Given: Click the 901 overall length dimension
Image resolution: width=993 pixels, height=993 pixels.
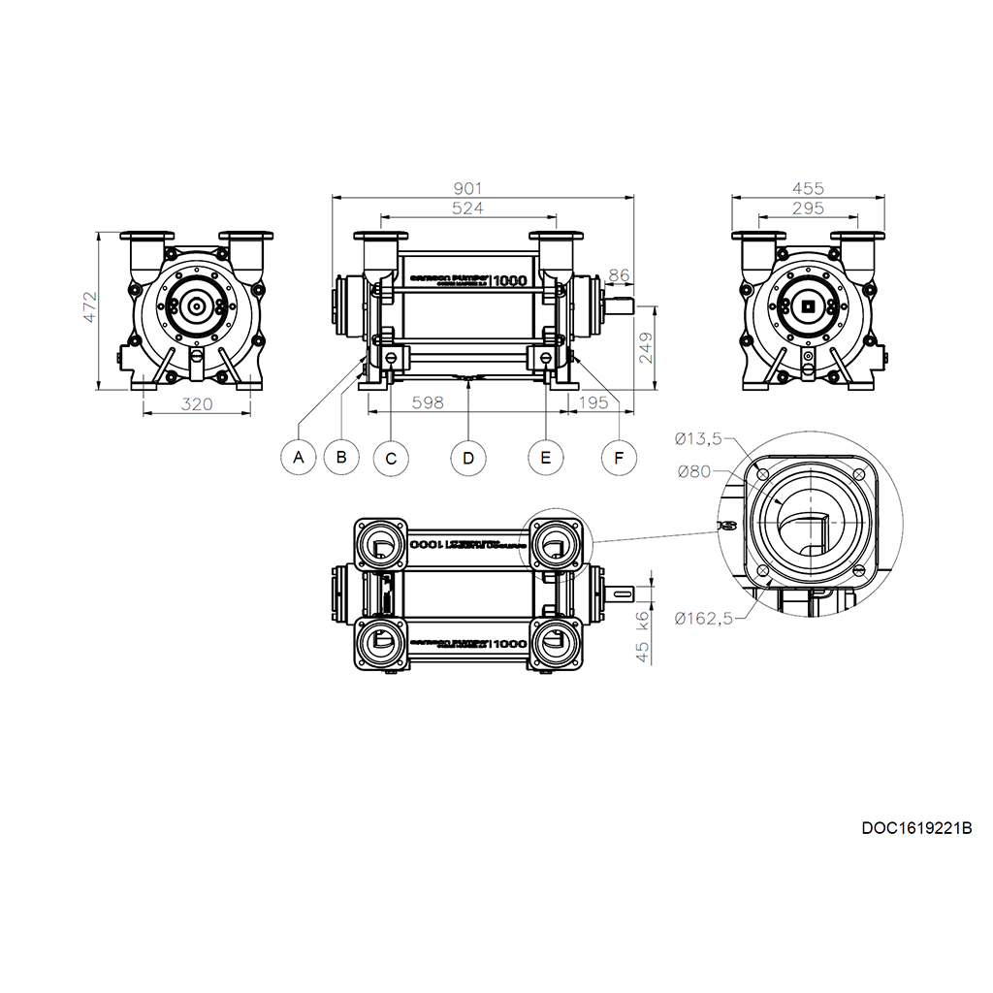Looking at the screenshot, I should click(x=467, y=188).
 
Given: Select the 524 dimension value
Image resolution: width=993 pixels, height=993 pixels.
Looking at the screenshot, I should click(x=467, y=208).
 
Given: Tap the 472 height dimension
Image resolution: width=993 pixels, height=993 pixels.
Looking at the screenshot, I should click(x=88, y=307).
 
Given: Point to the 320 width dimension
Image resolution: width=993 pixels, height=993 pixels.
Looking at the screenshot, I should click(x=197, y=403).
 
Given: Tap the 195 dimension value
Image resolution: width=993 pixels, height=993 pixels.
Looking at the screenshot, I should click(x=593, y=402).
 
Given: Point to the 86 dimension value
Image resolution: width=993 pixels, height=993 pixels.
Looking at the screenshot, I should click(x=619, y=274).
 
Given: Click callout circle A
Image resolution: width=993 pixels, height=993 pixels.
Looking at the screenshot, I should click(x=299, y=456).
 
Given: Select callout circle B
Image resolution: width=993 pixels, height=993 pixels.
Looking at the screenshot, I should click(x=340, y=456).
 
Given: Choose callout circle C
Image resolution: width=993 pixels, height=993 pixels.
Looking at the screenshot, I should click(x=391, y=458).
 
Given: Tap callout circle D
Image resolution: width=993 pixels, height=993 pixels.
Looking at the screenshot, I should click(x=468, y=457).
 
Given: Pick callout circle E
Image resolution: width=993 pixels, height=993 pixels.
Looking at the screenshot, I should click(x=546, y=457).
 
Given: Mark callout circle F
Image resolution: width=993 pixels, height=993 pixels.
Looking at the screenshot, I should click(x=619, y=457).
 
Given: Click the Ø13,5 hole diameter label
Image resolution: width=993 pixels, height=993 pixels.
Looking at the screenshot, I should click(x=698, y=439).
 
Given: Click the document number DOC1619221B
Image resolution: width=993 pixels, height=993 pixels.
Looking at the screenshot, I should click(x=916, y=828).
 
